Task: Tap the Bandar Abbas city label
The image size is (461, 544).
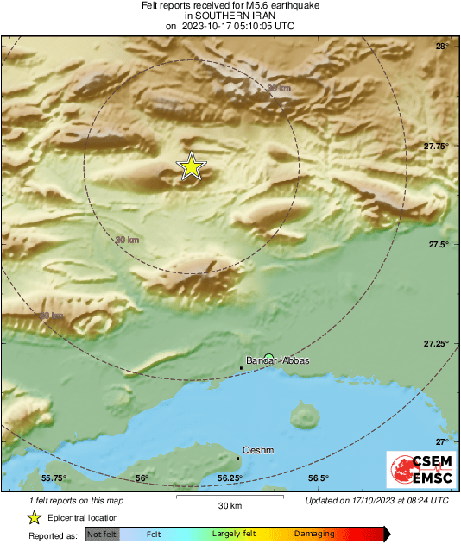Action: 277,361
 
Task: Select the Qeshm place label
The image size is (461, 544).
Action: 258,450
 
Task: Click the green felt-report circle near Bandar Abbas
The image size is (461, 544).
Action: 268,357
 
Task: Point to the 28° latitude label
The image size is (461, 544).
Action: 441,47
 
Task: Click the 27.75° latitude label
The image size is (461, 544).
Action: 437,147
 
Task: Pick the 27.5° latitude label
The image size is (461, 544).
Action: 439,245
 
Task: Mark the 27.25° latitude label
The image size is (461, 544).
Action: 437,344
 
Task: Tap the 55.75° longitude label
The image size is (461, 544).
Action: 54,478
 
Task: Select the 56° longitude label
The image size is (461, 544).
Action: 142,478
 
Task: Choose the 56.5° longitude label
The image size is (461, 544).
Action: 319,478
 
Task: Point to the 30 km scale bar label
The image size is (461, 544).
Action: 229,505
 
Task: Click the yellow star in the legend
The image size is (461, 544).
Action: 34,517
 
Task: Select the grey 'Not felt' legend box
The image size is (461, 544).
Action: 102,534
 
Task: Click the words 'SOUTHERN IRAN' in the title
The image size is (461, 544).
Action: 230,16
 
